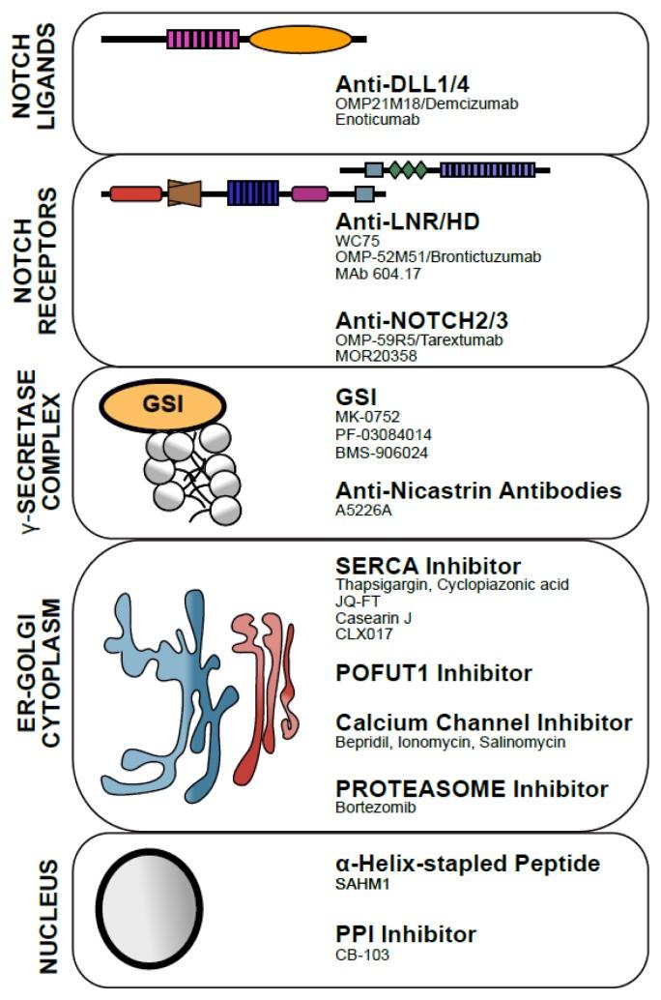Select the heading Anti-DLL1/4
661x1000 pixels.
click(396, 83)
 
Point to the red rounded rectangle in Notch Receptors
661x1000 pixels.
click(135, 193)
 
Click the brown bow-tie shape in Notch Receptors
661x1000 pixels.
click(184, 192)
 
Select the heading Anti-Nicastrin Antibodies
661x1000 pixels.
click(478, 490)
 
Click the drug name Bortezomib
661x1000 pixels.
click(376, 807)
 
